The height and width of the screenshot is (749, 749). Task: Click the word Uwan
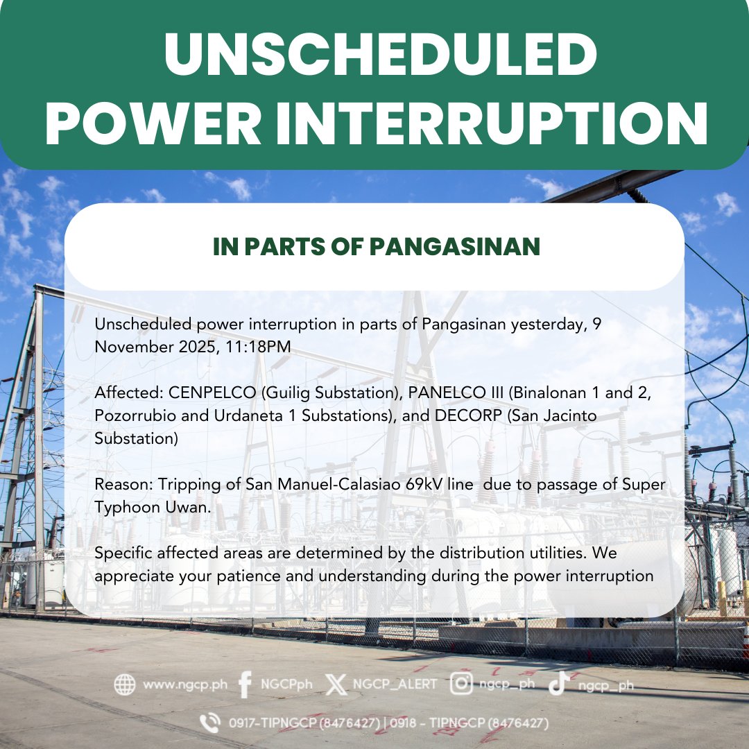pyautogui.click(x=187, y=508)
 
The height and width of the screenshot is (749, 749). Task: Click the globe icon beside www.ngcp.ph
pyautogui.click(x=125, y=685)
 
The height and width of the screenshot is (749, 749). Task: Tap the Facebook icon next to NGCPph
pyautogui.click(x=244, y=685)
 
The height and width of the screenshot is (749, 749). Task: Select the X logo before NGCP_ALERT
pyautogui.click(x=336, y=685)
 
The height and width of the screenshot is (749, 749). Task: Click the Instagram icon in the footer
pyautogui.click(x=461, y=685)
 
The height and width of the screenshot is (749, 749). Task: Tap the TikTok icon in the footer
pyautogui.click(x=558, y=685)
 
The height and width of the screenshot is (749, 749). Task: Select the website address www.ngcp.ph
pyautogui.click(x=184, y=685)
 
